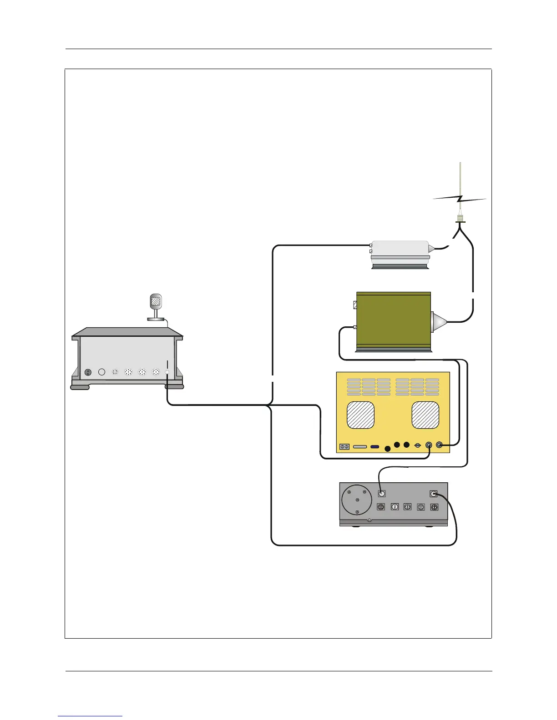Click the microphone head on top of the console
[x=156, y=301]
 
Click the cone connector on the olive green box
[x=438, y=321]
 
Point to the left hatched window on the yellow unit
[x=360, y=415]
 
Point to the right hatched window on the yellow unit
[x=425, y=415]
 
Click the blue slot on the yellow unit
[x=375, y=447]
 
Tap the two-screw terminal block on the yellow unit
[x=344, y=447]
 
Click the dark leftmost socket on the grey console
[x=88, y=372]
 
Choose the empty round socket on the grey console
[x=102, y=372]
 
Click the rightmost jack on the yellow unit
[x=440, y=445]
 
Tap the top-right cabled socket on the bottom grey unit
[x=433, y=494]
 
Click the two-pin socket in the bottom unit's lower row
[x=395, y=507]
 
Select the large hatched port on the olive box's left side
[x=355, y=305]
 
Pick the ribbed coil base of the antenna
[x=461, y=219]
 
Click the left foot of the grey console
[x=80, y=387]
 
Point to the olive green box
[x=393, y=320]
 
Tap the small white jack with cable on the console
[x=167, y=372]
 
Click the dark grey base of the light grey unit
[x=400, y=266]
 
